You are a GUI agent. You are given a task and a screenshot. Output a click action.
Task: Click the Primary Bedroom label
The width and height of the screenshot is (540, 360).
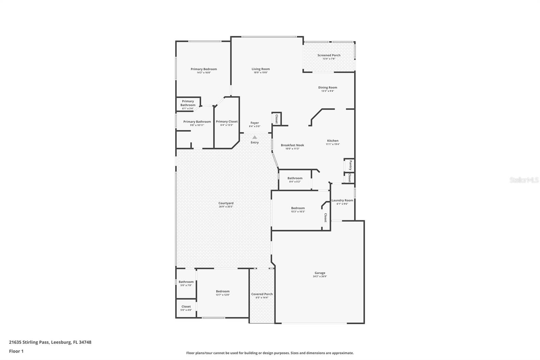tap(204, 69)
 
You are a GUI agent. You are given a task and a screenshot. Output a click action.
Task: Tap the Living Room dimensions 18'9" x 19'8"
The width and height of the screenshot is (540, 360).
tap(261, 73)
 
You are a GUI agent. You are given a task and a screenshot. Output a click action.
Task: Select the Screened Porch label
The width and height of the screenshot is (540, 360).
tap(329, 55)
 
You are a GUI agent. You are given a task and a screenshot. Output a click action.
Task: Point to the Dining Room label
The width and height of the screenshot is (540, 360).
tap(327, 87)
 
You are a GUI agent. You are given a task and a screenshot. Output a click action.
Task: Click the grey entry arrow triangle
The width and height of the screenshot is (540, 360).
tap(254, 137)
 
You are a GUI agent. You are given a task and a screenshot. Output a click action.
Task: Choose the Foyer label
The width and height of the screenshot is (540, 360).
tap(254, 123)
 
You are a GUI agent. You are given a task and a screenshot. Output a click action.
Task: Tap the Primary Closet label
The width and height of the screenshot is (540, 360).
tap(226, 122)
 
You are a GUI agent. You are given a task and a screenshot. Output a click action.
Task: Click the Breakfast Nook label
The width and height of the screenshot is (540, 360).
tap(292, 145)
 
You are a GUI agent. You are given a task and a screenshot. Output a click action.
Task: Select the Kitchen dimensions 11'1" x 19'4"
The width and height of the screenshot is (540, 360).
tap(332, 144)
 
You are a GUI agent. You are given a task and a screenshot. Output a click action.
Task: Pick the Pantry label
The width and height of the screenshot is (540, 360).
tap(351, 165)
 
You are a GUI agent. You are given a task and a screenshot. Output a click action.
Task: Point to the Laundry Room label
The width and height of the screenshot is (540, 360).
tap(342, 200)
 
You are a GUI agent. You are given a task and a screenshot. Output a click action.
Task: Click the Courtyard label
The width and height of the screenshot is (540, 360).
tap(226, 203)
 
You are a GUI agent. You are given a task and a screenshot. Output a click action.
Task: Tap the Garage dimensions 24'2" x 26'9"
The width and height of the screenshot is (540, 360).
tap(320, 277)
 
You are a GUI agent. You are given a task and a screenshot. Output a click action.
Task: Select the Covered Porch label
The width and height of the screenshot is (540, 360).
tap(262, 294)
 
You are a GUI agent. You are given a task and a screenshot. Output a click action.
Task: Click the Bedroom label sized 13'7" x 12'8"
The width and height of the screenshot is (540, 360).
tap(222, 291)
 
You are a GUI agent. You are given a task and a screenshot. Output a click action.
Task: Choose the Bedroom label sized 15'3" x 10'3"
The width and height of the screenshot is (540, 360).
tap(298, 208)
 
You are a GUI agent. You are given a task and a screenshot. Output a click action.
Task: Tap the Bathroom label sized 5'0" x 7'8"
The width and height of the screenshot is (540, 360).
tap(186, 282)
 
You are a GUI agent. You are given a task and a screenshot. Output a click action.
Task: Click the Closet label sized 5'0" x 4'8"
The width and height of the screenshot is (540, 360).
tap(186, 307)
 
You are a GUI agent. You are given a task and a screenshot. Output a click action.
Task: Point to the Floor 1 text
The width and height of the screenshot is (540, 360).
tap(16, 351)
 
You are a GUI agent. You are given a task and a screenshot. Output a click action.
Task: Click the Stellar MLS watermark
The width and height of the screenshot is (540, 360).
tap(524, 180)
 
